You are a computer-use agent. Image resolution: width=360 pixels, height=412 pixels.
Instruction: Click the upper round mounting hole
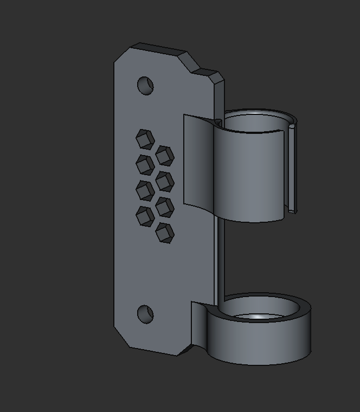tap(145, 86)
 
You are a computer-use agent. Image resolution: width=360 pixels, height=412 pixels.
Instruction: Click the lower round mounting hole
tap(145, 314)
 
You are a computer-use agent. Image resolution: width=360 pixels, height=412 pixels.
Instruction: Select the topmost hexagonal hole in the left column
tap(145, 139)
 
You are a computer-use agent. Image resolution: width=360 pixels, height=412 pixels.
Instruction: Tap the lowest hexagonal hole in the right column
tap(164, 233)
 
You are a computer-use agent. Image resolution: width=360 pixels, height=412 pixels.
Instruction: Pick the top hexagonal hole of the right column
tap(164, 156)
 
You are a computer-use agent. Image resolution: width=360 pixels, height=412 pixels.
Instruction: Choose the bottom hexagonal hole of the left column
tap(145, 216)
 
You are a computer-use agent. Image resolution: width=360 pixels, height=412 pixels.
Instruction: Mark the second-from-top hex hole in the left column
tap(145, 165)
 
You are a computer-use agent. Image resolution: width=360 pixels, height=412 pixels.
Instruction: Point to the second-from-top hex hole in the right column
tap(164, 182)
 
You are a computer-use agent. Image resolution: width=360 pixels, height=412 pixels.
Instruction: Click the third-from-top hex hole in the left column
tap(145, 190)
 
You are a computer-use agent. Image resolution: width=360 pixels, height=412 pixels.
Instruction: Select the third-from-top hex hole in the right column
tap(164, 207)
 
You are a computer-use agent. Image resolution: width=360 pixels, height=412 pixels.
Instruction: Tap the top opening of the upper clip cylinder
tap(255, 123)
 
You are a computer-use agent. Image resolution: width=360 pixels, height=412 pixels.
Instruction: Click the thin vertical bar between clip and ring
tap(220, 260)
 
